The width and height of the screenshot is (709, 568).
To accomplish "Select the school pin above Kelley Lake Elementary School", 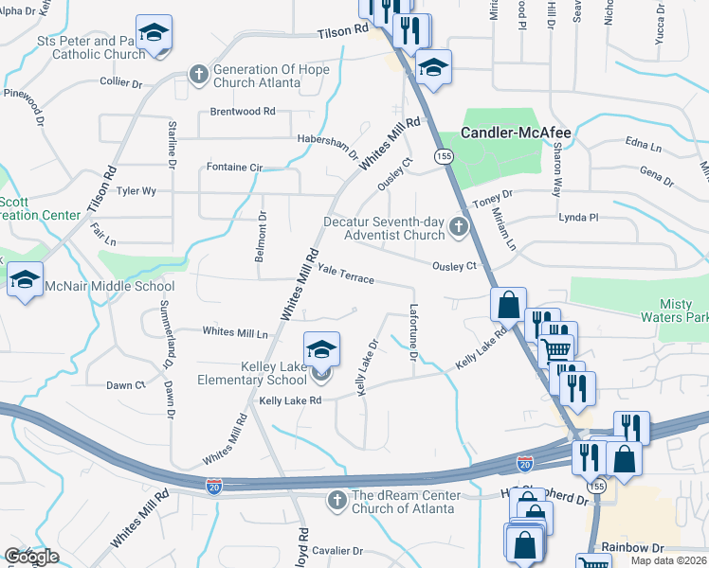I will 321,349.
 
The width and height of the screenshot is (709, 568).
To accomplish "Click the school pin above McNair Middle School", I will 26,279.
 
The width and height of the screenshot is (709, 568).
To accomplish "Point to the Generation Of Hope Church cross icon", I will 199,74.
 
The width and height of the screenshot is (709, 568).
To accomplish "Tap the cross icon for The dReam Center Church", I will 336,500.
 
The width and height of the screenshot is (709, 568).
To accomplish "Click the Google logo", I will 31,557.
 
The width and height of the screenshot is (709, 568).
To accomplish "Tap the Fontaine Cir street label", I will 234,167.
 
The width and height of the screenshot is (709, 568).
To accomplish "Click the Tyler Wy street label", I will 136,190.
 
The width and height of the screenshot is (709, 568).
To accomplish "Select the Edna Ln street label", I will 644,146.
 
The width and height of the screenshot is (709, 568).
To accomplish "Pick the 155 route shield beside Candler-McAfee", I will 443,155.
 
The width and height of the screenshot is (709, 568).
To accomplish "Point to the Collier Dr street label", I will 121,84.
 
